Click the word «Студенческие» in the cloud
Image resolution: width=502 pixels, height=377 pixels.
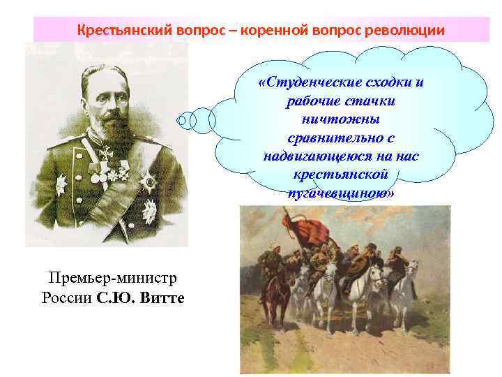click(313, 83)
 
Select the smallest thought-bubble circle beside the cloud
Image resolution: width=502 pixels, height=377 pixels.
click(182, 120)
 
